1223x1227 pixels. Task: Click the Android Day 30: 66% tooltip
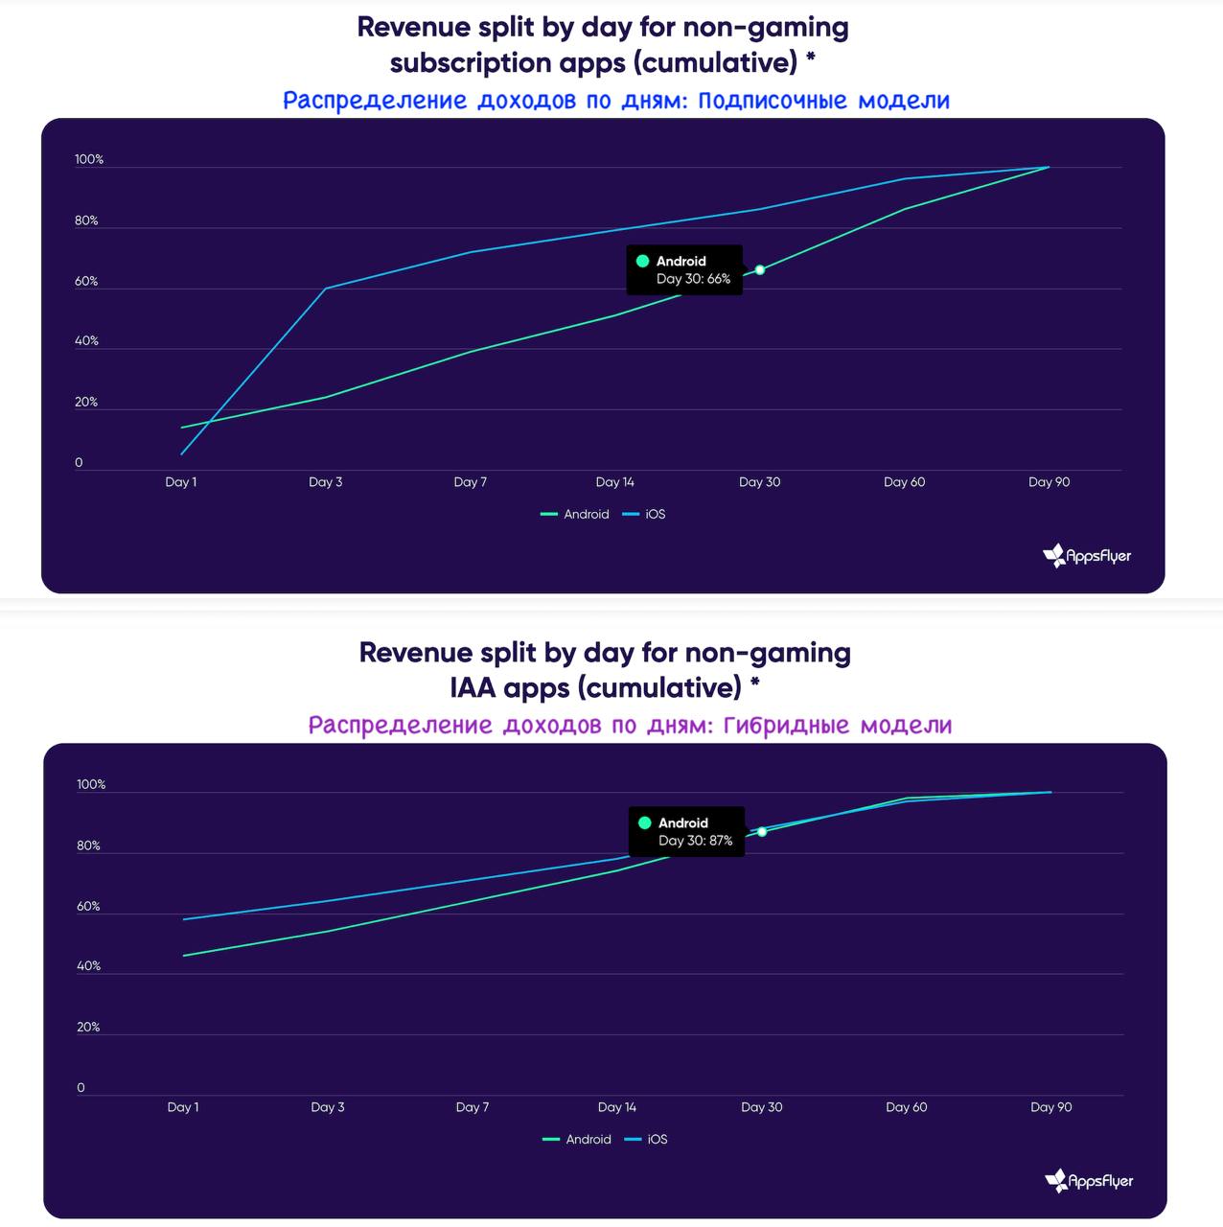684,270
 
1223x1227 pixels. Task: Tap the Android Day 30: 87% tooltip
686,832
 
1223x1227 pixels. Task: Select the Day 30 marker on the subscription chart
760,270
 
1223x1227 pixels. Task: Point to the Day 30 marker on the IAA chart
762,832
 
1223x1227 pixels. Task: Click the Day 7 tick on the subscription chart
471,482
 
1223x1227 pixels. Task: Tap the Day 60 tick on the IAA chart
907,1107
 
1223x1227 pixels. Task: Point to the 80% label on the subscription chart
86,220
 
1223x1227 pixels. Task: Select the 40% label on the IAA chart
88,966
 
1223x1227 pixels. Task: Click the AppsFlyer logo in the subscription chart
1087,556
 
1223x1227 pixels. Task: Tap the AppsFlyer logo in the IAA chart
1089,1181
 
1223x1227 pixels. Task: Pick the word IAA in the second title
473,688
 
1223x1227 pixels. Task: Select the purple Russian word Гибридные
786,726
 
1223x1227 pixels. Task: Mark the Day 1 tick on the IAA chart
183,1107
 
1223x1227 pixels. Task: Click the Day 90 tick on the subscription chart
1050,482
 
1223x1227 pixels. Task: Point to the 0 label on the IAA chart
81,1088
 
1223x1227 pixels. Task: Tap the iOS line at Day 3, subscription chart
326,289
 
